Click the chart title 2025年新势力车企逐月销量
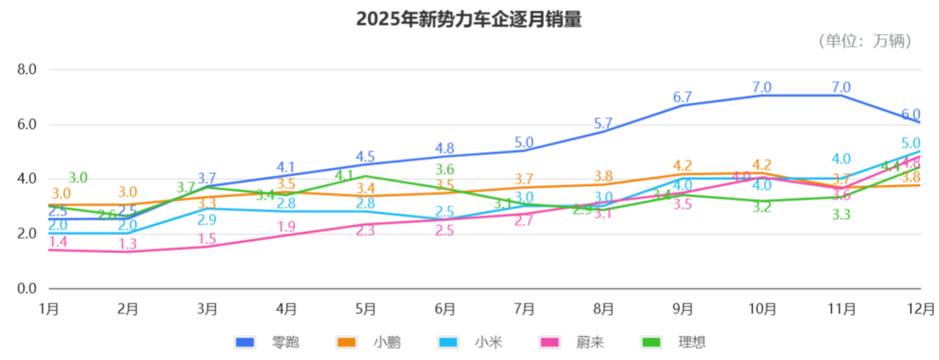pos(469,19)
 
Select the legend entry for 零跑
pos(269,342)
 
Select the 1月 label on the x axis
pos(50,308)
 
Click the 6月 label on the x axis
pos(445,308)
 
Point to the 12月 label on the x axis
pos(920,308)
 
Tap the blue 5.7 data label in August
pos(603,124)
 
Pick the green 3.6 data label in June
pos(445,170)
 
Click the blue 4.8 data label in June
pos(445,149)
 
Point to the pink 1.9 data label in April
pos(287,227)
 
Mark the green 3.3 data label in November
pos(841,215)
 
